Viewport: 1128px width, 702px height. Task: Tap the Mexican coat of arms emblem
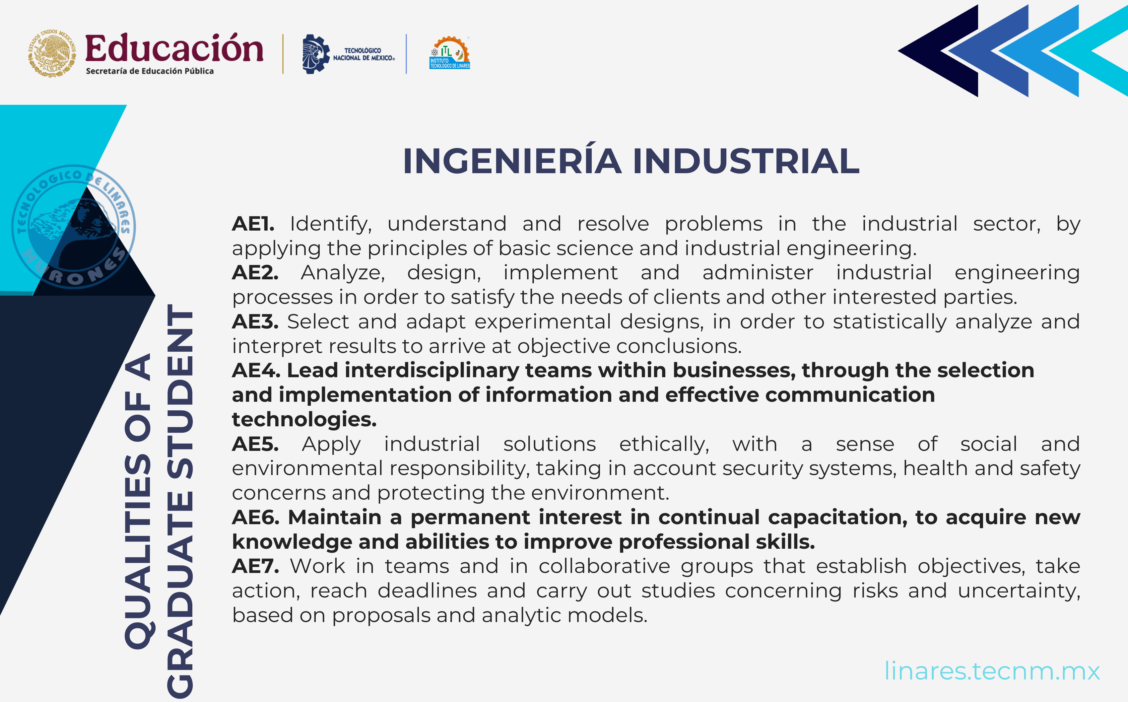click(x=52, y=53)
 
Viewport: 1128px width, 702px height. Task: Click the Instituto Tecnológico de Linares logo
click(x=449, y=53)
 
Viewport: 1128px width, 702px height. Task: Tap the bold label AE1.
click(x=253, y=224)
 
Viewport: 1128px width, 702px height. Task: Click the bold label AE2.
click(x=255, y=272)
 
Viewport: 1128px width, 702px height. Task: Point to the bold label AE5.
click(x=255, y=444)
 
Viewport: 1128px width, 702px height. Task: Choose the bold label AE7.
click(x=255, y=566)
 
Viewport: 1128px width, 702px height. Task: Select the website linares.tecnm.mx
click(x=992, y=671)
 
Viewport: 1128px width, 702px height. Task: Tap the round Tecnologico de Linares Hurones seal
click(x=73, y=227)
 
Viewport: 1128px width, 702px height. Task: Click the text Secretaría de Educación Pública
click(x=149, y=71)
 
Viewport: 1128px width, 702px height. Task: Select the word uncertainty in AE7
click(x=1019, y=591)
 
